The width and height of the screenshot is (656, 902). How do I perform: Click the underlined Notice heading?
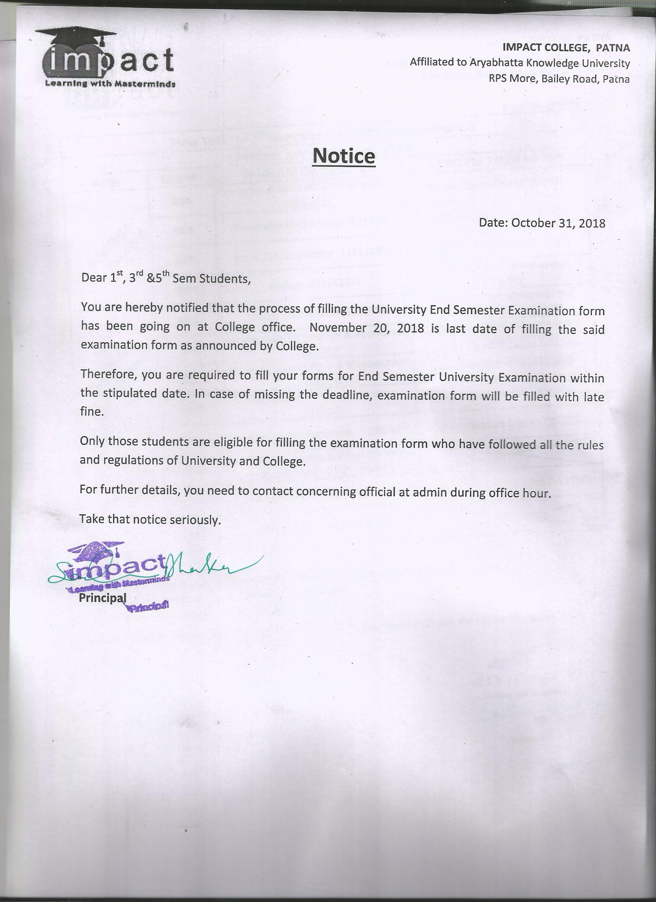pyautogui.click(x=344, y=156)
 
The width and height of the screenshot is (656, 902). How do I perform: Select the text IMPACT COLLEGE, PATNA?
pyautogui.click(x=566, y=48)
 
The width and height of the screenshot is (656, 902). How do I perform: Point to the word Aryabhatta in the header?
pyautogui.click(x=497, y=63)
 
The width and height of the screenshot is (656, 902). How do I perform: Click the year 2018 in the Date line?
pyautogui.click(x=592, y=223)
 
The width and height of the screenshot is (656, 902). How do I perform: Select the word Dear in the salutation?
pyautogui.click(x=94, y=278)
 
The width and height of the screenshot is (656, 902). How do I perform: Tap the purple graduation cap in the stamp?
pyautogui.click(x=93, y=550)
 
